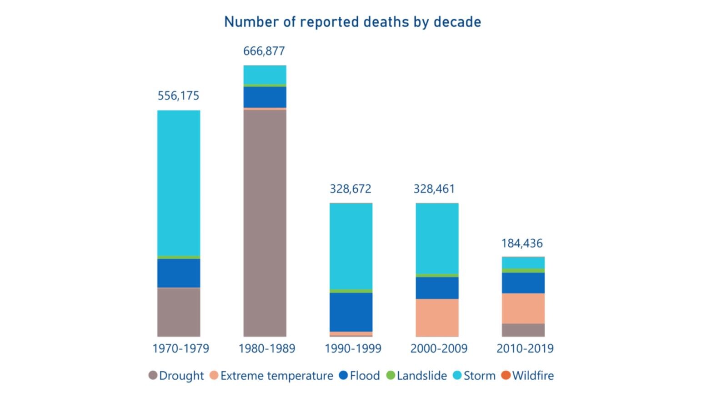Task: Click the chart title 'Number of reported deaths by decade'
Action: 352,22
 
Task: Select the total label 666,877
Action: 264,51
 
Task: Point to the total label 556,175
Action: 178,96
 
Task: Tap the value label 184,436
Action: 522,243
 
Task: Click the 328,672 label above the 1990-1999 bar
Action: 350,189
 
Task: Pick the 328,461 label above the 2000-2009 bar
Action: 434,189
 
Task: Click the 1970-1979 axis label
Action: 181,348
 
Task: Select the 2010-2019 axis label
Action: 525,348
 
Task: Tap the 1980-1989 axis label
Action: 266,348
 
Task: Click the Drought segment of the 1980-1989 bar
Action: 265,223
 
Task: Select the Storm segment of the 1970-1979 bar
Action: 179,182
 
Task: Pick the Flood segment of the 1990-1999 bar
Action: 351,312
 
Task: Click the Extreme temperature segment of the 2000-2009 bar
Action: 437,317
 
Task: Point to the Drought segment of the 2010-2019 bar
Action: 523,330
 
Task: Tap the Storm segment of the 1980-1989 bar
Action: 265,75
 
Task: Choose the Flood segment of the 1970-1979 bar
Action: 179,273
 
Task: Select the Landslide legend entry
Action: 416,376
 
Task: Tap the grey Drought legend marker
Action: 153,376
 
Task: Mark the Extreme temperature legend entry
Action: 271,376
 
